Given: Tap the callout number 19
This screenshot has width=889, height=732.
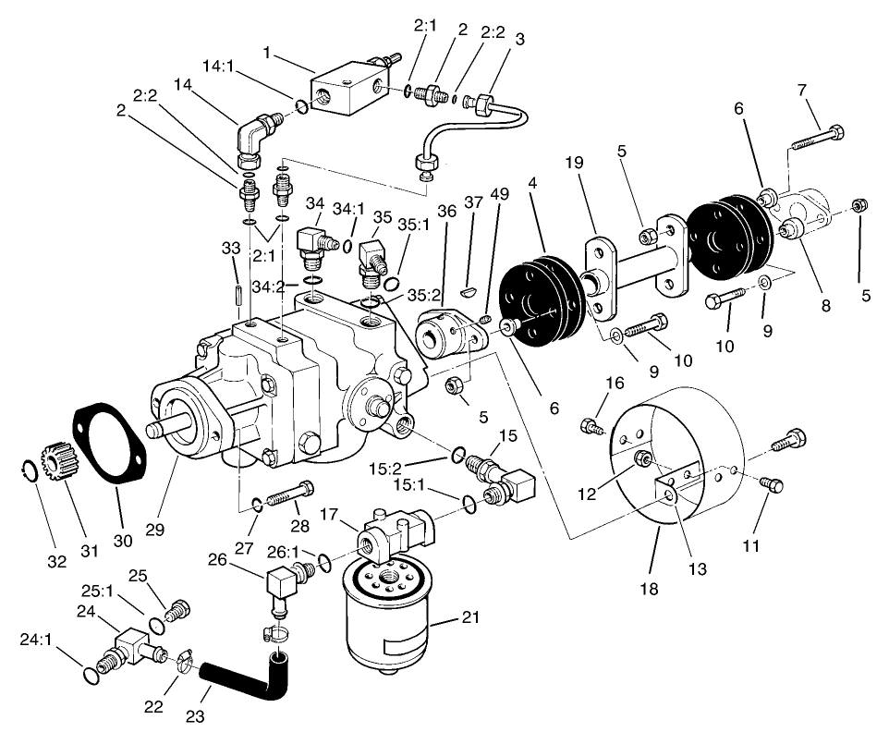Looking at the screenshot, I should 576,164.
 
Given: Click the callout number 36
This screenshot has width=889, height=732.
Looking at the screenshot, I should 447,212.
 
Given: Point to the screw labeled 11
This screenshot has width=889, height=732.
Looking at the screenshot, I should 767,483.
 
